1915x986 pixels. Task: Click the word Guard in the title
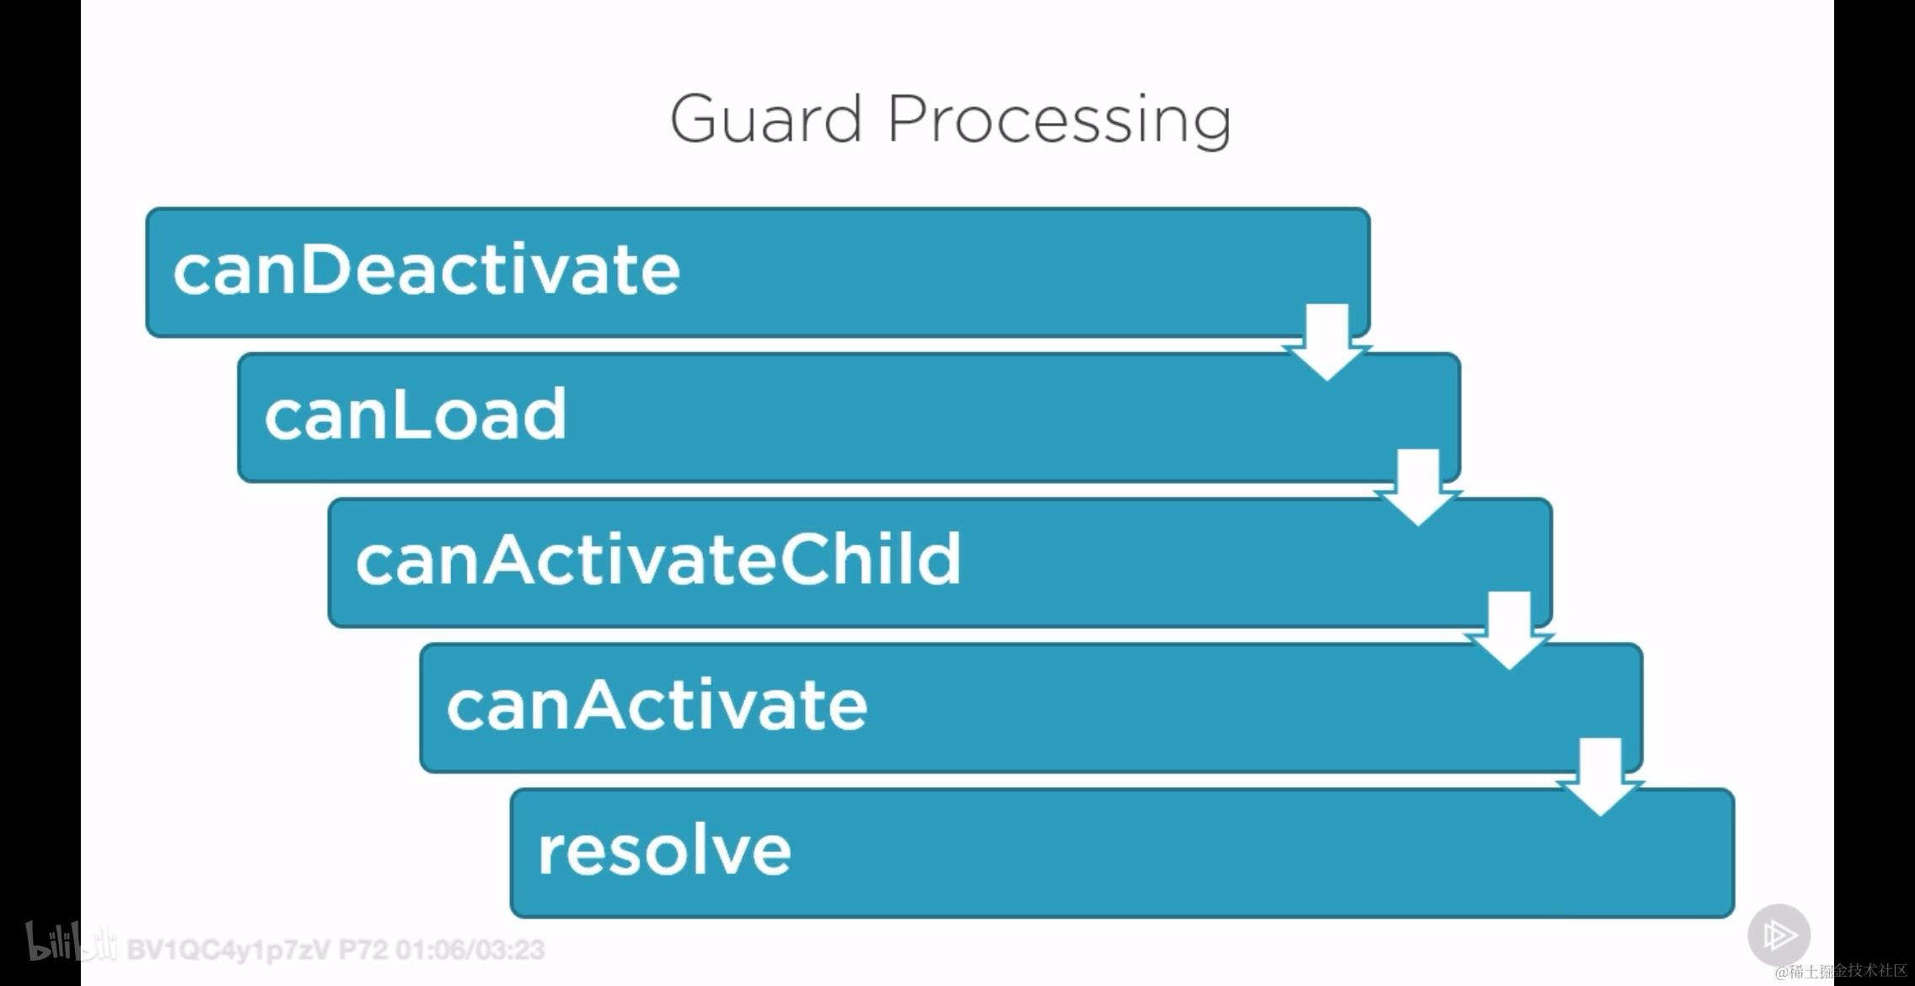(766, 119)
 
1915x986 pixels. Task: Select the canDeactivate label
(426, 270)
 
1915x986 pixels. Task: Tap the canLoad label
(416, 415)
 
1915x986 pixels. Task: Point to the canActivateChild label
(658, 560)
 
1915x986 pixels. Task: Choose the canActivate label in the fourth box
(657, 705)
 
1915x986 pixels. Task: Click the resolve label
(664, 849)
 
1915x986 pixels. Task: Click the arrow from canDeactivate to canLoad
(1328, 342)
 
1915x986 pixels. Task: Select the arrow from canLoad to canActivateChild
(1419, 488)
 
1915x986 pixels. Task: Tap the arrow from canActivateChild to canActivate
(1510, 631)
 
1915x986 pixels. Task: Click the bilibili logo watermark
(71, 942)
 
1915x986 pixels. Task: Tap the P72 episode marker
(363, 951)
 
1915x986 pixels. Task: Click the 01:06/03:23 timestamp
(470, 951)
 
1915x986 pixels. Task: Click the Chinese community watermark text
(1841, 972)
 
